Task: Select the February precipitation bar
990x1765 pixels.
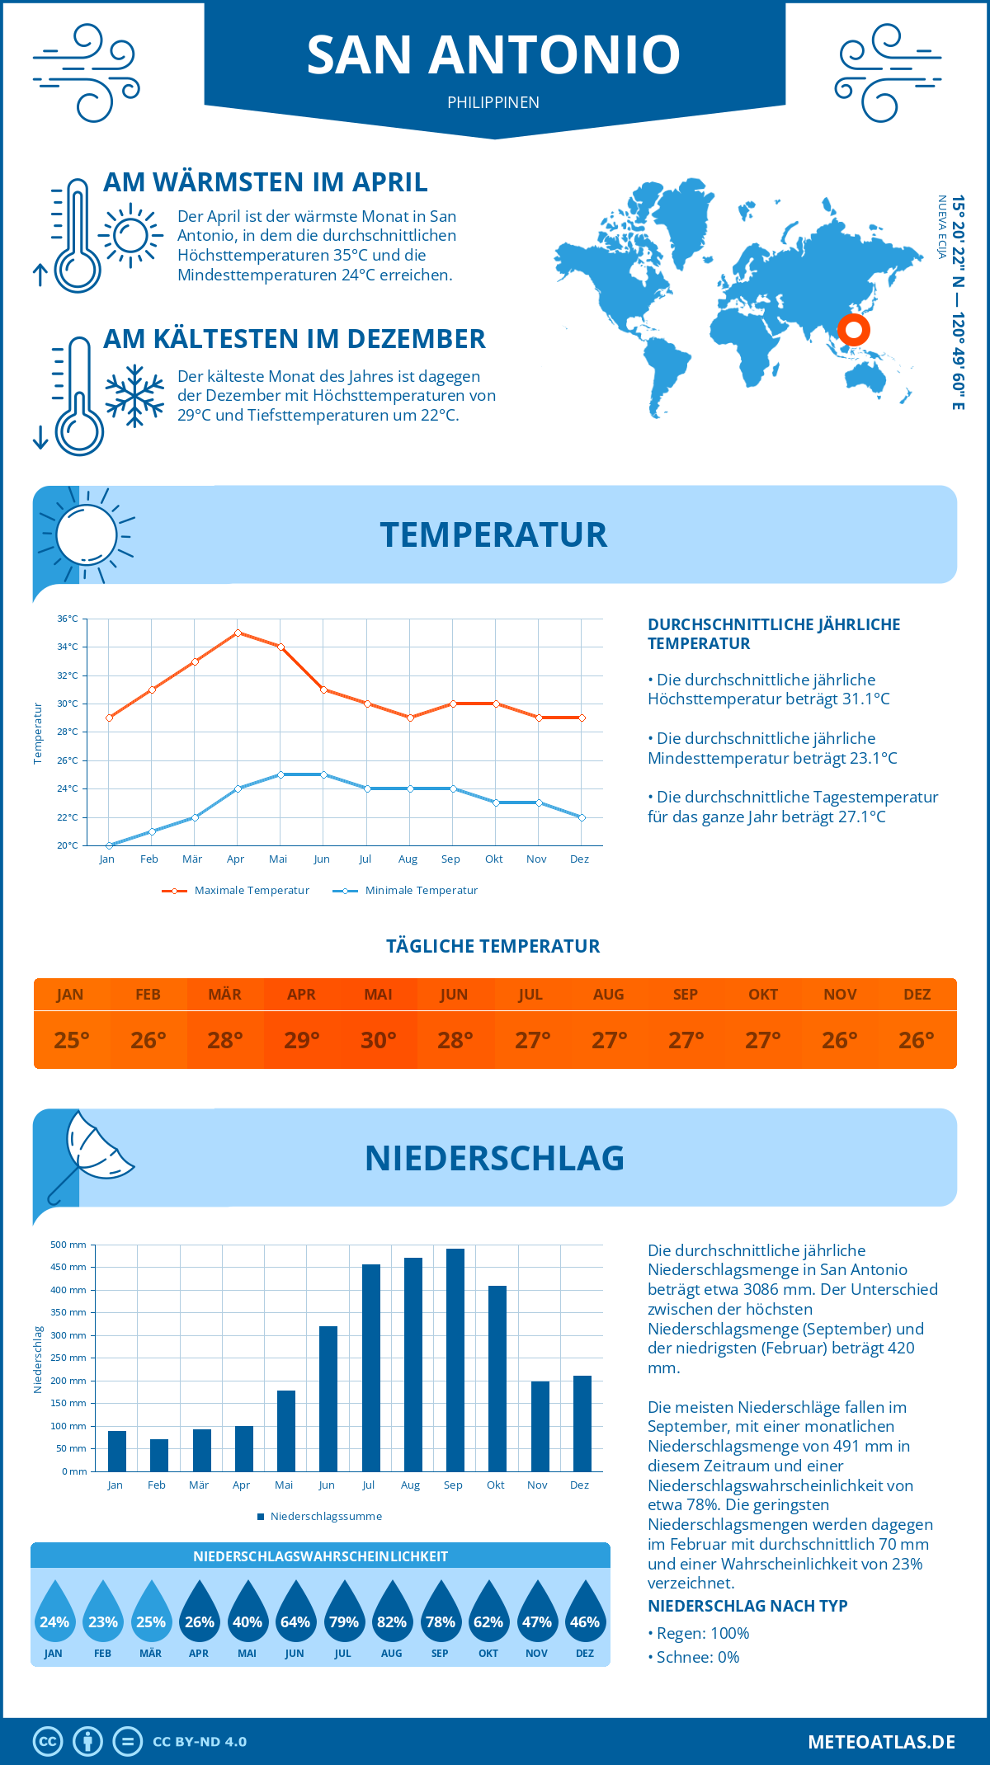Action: [x=159, y=1455]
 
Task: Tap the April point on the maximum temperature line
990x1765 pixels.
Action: [x=238, y=633]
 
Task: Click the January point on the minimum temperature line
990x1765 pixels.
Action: [x=109, y=845]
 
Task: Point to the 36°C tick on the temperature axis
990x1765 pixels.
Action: [x=68, y=619]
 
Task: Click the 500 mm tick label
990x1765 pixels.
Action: [x=68, y=1245]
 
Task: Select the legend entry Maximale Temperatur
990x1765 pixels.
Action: [x=237, y=891]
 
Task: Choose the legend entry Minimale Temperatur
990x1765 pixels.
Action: [x=406, y=891]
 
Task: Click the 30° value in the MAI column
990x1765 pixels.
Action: [x=379, y=1040]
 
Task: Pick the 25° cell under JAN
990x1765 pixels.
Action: [x=72, y=1040]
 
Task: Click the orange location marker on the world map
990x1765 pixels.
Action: [x=854, y=330]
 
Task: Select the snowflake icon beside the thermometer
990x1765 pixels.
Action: [x=134, y=396]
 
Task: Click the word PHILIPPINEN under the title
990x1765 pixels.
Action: [x=493, y=102]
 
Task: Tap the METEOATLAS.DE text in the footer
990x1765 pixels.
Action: [x=881, y=1742]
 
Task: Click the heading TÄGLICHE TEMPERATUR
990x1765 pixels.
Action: [x=493, y=946]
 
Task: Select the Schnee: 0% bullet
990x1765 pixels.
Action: [x=694, y=1657]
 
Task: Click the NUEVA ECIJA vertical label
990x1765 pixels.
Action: [x=941, y=228]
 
